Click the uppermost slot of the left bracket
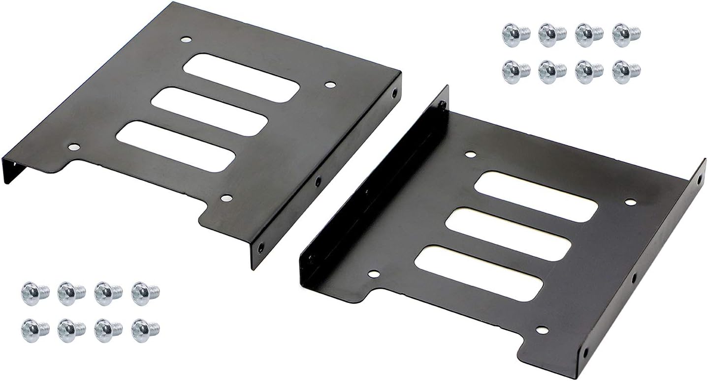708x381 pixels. (x=241, y=78)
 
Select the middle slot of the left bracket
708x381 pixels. (x=209, y=112)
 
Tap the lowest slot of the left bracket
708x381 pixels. (x=175, y=147)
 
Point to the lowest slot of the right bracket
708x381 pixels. (x=479, y=273)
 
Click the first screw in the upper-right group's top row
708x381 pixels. (x=515, y=35)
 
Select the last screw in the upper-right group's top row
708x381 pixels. (x=626, y=35)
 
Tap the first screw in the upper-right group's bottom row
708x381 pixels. (x=515, y=72)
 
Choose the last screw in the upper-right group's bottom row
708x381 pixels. (x=626, y=72)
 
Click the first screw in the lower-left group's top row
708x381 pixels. (x=34, y=293)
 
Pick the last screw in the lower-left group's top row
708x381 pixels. (x=145, y=293)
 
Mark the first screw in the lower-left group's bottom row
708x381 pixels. (x=34, y=330)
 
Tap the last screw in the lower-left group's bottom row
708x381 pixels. (x=145, y=330)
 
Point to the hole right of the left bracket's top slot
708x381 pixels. (x=329, y=85)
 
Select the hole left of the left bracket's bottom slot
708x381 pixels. (x=73, y=147)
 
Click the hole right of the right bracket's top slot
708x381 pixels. (x=630, y=202)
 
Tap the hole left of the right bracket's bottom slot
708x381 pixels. (x=374, y=274)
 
